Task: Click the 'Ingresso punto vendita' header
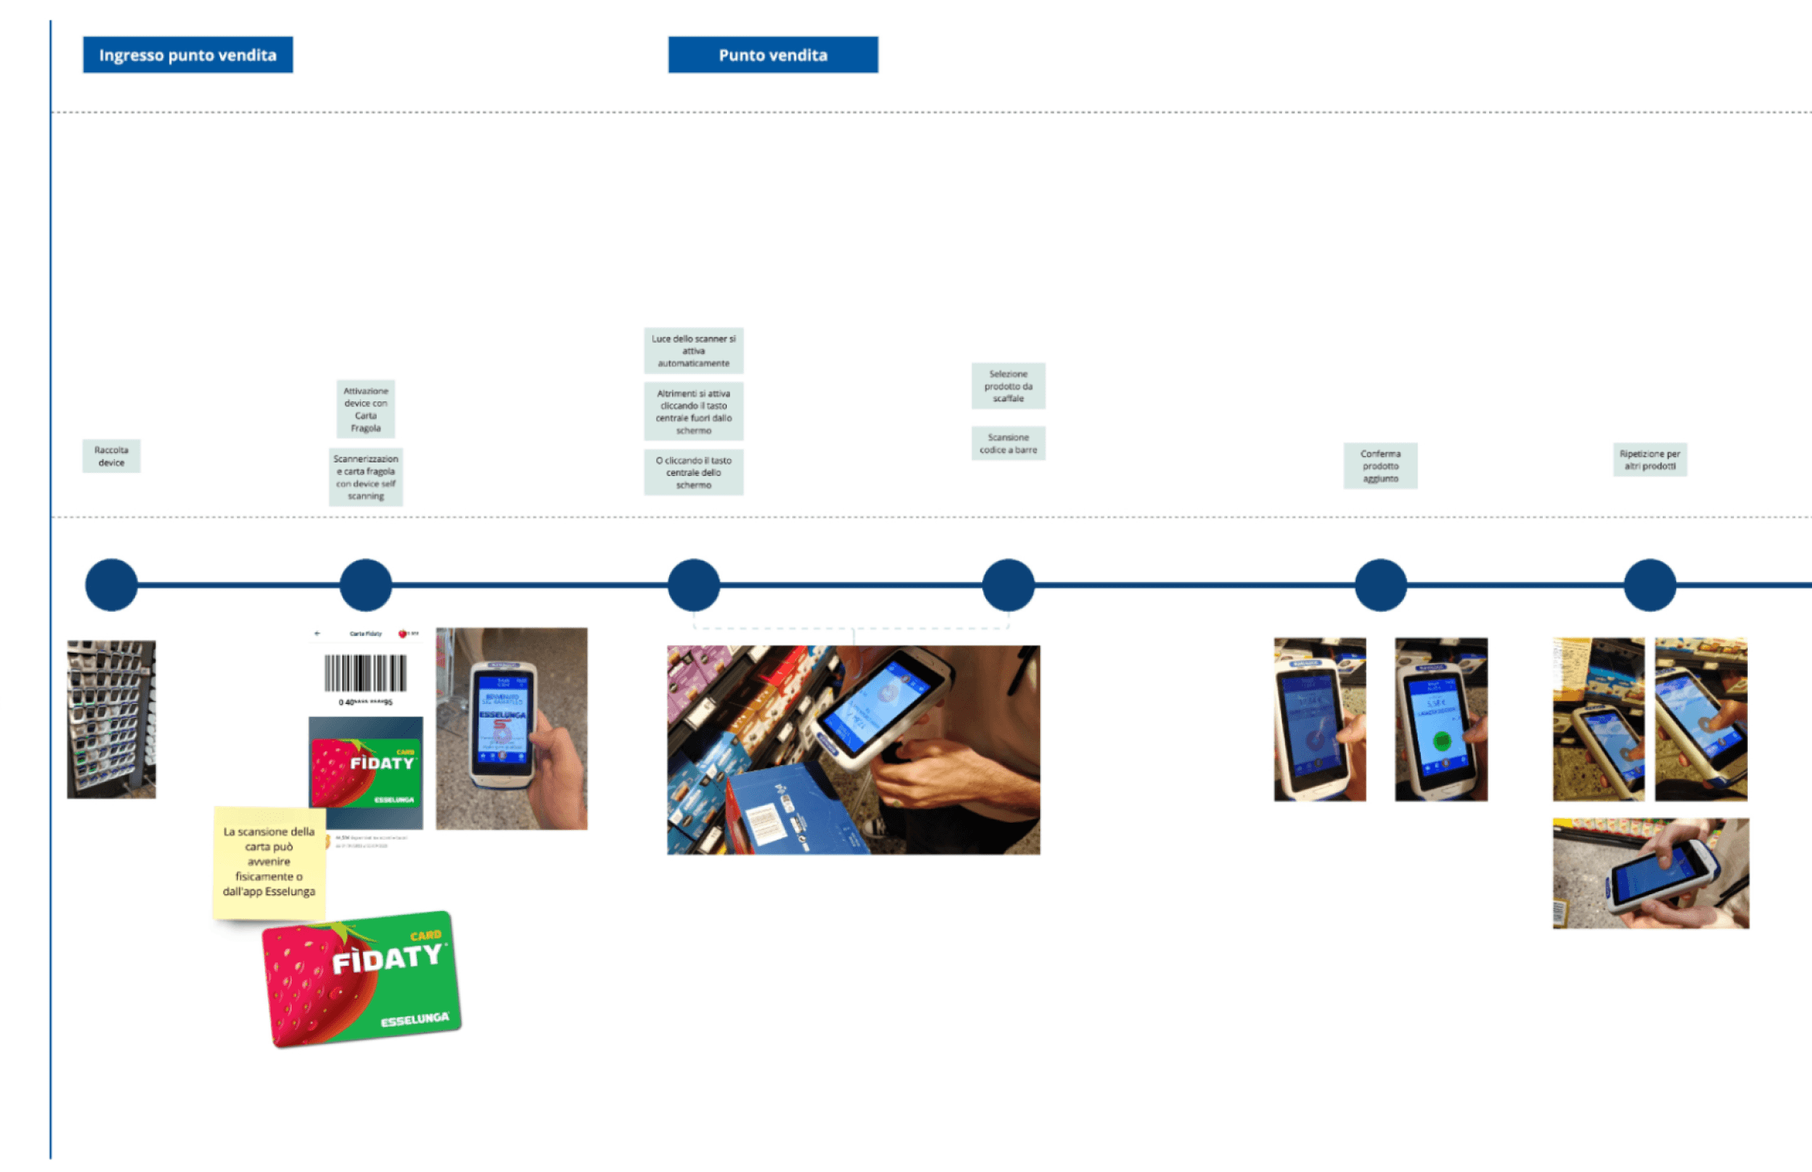pyautogui.click(x=187, y=55)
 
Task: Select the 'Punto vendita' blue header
pyautogui.click(x=773, y=55)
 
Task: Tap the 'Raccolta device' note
pyautogui.click(x=111, y=456)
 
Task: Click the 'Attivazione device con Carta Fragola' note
pyautogui.click(x=365, y=409)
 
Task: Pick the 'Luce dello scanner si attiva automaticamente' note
pyautogui.click(x=693, y=351)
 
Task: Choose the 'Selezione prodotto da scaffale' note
pyautogui.click(x=1008, y=386)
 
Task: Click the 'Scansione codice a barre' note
pyautogui.click(x=1008, y=443)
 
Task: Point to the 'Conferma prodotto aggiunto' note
pyautogui.click(x=1380, y=466)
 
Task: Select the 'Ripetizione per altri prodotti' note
pyautogui.click(x=1650, y=459)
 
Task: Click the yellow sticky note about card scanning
pyautogui.click(x=269, y=861)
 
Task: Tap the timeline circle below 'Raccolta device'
pyautogui.click(x=111, y=585)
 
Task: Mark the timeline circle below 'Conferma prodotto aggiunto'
pyautogui.click(x=1380, y=585)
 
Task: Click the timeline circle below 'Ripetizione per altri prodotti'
pyautogui.click(x=1650, y=585)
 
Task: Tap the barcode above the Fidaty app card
pyautogui.click(x=365, y=673)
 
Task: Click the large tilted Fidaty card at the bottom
pyautogui.click(x=361, y=979)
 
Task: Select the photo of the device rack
pyautogui.click(x=111, y=718)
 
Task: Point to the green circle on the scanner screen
pyautogui.click(x=1442, y=740)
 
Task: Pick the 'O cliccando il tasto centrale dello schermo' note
pyautogui.click(x=693, y=472)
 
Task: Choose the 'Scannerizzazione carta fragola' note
pyautogui.click(x=365, y=477)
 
